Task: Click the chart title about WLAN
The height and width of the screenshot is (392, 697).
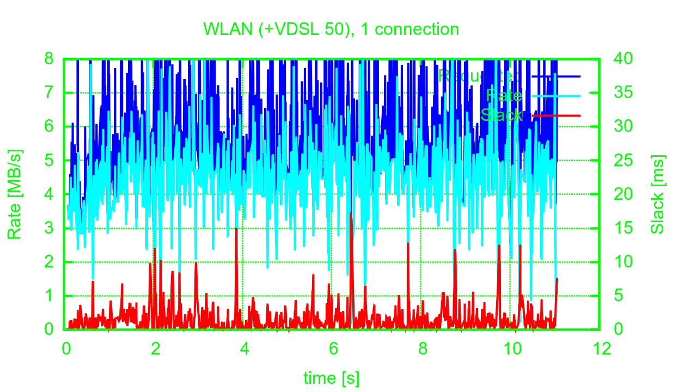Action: click(x=331, y=29)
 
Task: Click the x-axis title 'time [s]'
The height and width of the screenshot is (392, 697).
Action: click(x=331, y=377)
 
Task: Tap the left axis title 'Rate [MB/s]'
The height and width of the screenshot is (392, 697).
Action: click(x=15, y=194)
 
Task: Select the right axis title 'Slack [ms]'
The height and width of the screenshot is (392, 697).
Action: click(x=658, y=194)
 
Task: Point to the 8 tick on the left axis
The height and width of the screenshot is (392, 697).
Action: click(x=49, y=58)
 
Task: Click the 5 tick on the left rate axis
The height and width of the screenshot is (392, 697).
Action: click(x=49, y=161)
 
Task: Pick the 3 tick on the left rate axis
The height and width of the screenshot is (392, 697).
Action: click(x=49, y=228)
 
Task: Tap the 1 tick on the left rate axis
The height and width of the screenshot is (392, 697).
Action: click(x=49, y=296)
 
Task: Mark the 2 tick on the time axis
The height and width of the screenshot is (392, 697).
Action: click(x=155, y=348)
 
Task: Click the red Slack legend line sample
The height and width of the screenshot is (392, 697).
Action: click(x=556, y=115)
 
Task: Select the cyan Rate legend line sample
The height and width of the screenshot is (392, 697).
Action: click(x=556, y=96)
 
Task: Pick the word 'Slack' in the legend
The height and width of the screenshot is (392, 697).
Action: click(x=501, y=115)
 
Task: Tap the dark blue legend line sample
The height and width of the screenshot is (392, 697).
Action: click(x=556, y=77)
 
